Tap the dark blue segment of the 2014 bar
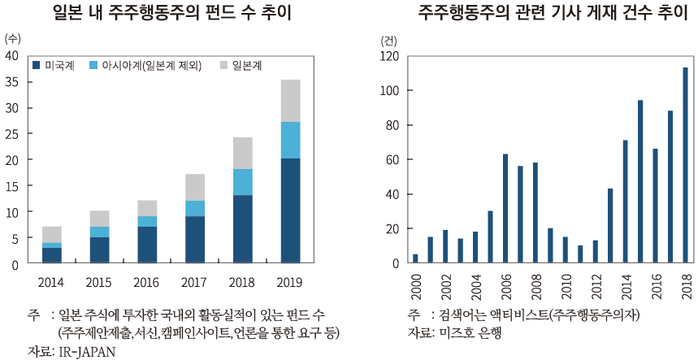tap(52, 255)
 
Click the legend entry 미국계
tap(54, 65)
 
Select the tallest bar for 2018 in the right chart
tap(685, 166)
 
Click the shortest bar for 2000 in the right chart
tap(416, 259)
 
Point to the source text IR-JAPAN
tap(85, 351)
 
